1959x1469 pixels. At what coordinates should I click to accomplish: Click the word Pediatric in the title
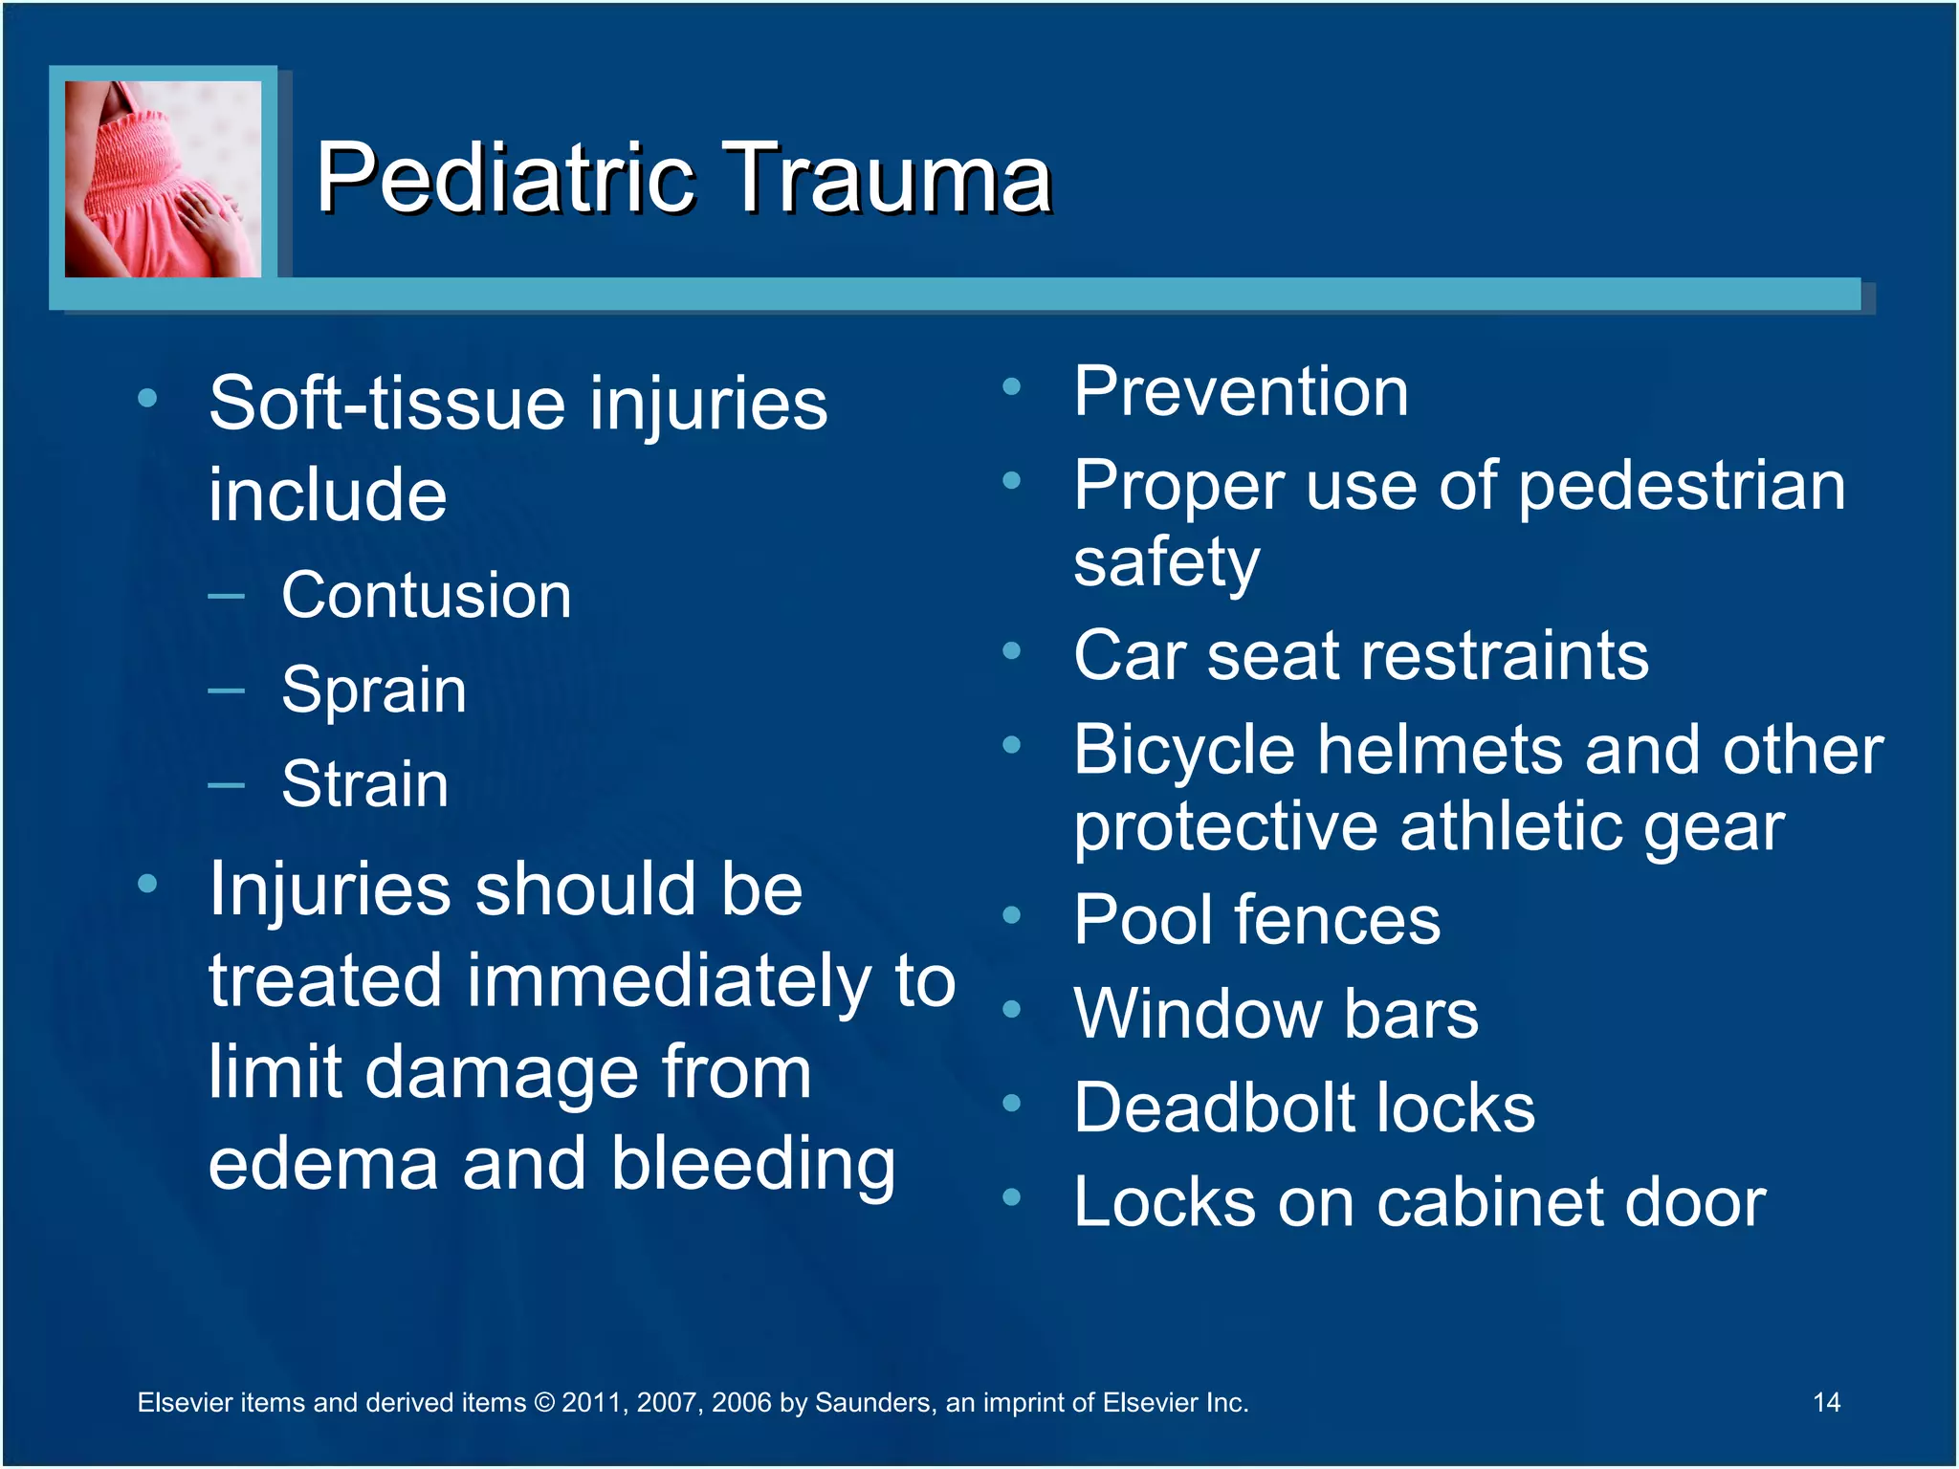(505, 179)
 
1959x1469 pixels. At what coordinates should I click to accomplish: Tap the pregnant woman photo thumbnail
(163, 179)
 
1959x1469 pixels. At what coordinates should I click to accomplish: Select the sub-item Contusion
(427, 596)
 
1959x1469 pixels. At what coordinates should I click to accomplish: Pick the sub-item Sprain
(374, 690)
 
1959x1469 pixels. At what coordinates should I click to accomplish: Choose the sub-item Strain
(364, 783)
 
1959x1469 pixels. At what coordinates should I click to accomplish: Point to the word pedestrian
(1682, 486)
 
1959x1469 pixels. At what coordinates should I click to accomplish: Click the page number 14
(1826, 1402)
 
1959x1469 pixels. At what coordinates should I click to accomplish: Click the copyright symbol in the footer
(543, 1403)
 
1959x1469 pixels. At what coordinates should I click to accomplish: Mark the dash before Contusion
(227, 597)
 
